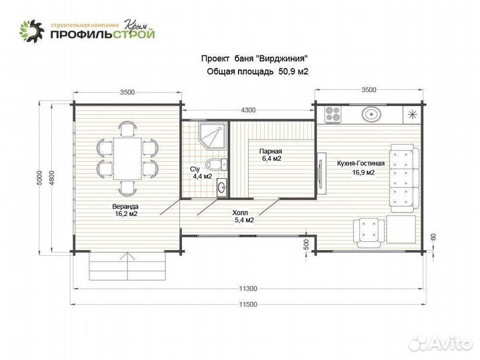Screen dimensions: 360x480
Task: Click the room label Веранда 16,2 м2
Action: [x=125, y=211]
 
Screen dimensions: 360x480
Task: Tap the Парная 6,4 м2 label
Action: [x=271, y=155]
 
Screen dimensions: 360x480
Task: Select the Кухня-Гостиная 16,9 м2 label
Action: [x=352, y=168]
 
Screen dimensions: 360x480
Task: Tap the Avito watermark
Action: [x=441, y=343]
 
